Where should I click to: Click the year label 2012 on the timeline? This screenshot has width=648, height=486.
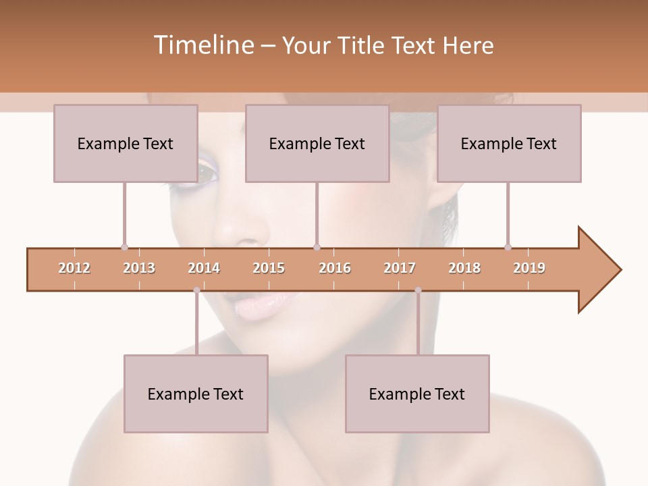pyautogui.click(x=74, y=268)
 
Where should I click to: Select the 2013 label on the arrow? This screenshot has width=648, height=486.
pyautogui.click(x=139, y=268)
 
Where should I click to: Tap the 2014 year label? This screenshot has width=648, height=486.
pyautogui.click(x=204, y=268)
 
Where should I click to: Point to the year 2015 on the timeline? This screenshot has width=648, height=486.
pyautogui.click(x=269, y=268)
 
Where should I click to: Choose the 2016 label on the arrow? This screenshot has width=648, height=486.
pyautogui.click(x=335, y=268)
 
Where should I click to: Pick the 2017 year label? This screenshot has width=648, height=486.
pyautogui.click(x=400, y=268)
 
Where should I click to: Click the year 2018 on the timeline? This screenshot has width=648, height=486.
pyautogui.click(x=464, y=268)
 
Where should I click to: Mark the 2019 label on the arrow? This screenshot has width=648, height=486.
pyautogui.click(x=529, y=268)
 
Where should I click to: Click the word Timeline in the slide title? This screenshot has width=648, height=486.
pyautogui.click(x=202, y=45)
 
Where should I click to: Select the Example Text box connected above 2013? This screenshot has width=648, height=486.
pyautogui.click(x=126, y=143)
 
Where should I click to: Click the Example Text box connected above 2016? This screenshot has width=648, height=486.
pyautogui.click(x=317, y=143)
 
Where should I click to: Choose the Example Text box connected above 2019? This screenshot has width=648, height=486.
pyautogui.click(x=509, y=143)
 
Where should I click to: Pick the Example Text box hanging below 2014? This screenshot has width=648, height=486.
pyautogui.click(x=196, y=394)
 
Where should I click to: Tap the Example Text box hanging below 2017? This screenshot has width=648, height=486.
pyautogui.click(x=417, y=394)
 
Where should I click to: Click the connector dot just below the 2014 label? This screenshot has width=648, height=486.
pyautogui.click(x=196, y=290)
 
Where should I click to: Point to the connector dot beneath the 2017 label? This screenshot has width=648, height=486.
pyautogui.click(x=418, y=290)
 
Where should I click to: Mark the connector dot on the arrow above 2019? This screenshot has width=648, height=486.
pyautogui.click(x=508, y=247)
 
